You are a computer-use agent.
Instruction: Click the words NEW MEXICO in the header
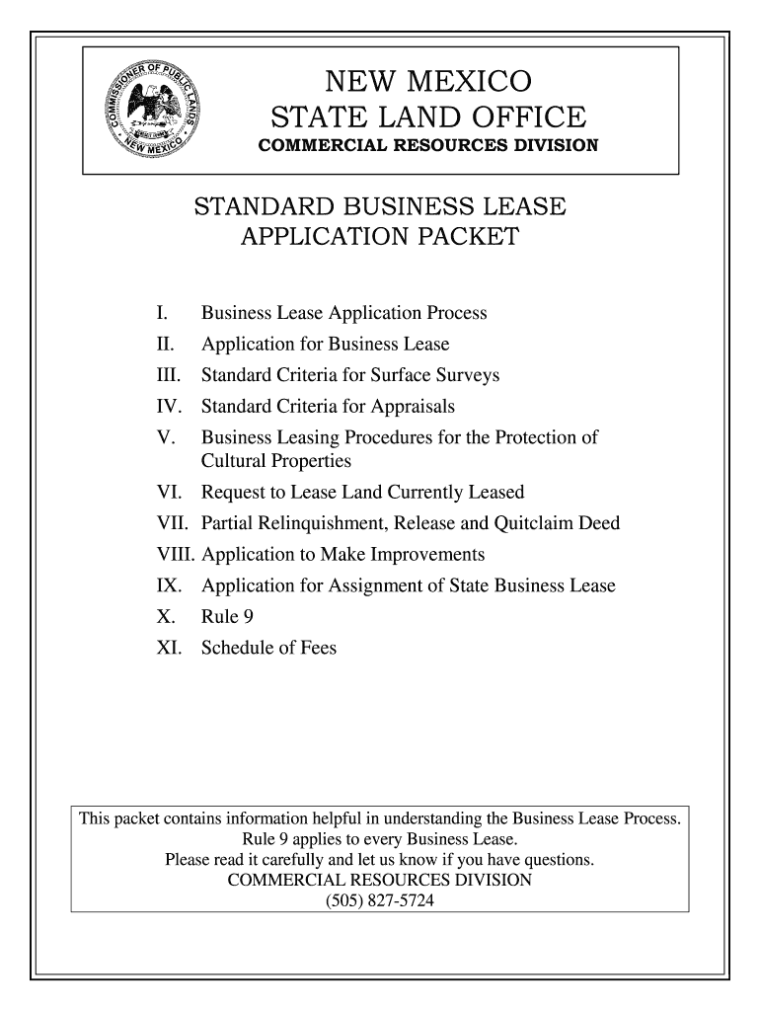[x=428, y=80]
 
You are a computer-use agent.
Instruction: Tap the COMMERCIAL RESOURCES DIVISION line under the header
[x=428, y=146]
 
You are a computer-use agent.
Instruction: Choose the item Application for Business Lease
[x=325, y=345]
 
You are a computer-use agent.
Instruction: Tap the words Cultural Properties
[x=276, y=461]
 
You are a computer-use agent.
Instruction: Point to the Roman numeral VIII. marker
[x=175, y=554]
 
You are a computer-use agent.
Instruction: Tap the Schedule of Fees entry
[x=268, y=649]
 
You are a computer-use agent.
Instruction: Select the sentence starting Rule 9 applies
[x=380, y=840]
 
